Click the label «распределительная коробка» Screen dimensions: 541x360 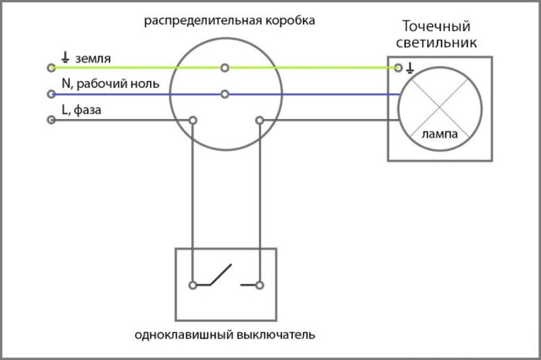point(230,21)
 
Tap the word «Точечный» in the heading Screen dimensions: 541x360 point(436,26)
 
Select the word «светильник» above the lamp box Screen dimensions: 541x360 point(436,42)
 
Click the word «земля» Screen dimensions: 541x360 point(94,59)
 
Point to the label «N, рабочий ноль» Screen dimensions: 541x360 point(111,83)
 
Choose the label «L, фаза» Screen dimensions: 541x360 point(81,110)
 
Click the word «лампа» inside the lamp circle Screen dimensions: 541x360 point(440,134)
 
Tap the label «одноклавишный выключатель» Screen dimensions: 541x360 point(225,335)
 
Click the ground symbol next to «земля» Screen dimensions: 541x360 point(65,57)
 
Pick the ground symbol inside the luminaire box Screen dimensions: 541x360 point(410,68)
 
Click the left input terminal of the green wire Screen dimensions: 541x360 point(51,67)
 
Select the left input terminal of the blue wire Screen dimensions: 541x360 point(51,93)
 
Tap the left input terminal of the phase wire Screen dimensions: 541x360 point(51,120)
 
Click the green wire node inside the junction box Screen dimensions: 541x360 point(225,68)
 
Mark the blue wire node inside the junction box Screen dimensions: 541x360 point(225,93)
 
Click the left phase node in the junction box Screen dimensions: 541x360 point(193,121)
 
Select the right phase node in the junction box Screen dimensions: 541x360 point(260,121)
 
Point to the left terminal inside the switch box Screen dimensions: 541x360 point(193,285)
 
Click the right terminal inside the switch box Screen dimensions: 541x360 point(260,285)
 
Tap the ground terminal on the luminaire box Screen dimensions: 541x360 point(398,68)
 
